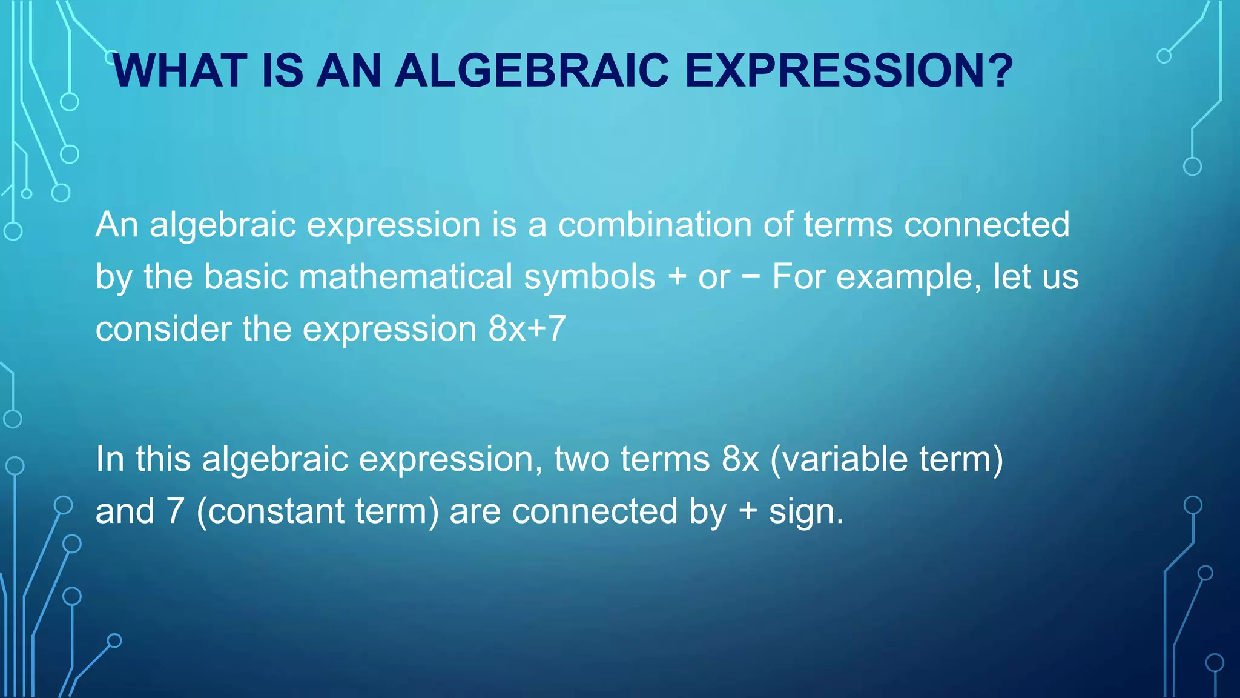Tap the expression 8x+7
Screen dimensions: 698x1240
pyautogui.click(x=527, y=330)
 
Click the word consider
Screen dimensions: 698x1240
pyautogui.click(x=163, y=330)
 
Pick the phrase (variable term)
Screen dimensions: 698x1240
pyautogui.click(x=886, y=459)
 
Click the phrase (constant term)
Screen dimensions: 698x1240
pyautogui.click(x=317, y=511)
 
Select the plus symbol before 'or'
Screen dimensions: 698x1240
pyautogui.click(x=677, y=278)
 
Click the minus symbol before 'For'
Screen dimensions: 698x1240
pyautogui.click(x=751, y=278)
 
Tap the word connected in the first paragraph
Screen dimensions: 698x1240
pyautogui.click(x=986, y=225)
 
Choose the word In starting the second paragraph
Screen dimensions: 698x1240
pyautogui.click(x=110, y=459)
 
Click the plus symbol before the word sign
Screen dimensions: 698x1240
pyautogui.click(x=748, y=511)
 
